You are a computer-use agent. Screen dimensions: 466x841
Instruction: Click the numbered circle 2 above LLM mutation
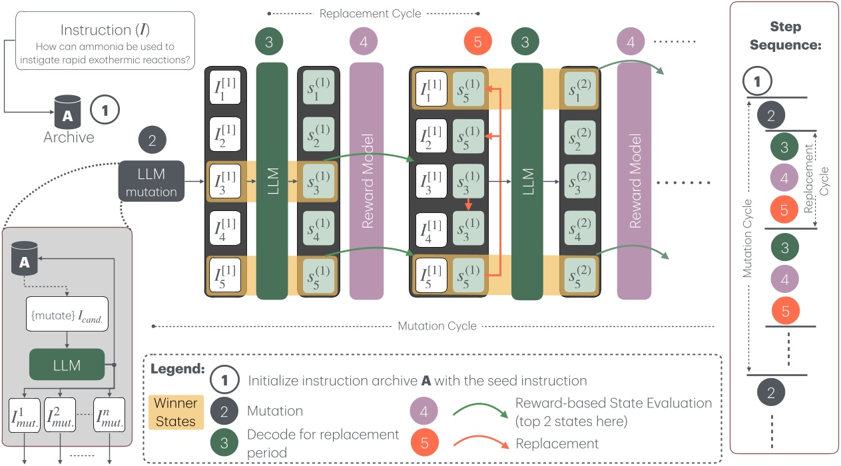click(x=151, y=141)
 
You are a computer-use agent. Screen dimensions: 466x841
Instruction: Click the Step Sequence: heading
click(x=784, y=37)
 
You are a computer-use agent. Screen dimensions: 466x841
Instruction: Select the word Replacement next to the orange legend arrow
click(x=557, y=443)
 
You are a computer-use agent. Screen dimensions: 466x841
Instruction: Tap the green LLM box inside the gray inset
click(x=67, y=365)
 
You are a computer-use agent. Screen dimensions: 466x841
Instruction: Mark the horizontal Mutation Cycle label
click(x=437, y=326)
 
